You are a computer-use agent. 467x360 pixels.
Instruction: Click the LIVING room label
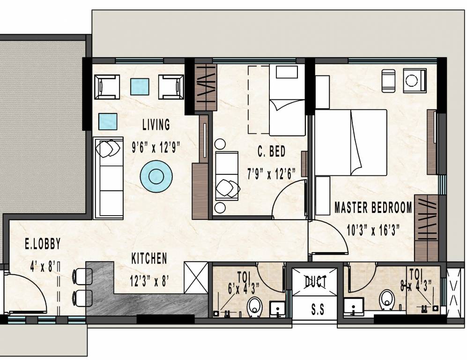pyautogui.click(x=156, y=125)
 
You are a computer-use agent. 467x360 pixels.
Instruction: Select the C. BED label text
pyautogui.click(x=271, y=152)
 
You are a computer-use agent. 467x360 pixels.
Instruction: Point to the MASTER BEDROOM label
pyautogui.click(x=373, y=207)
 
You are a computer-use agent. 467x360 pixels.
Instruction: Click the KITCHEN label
pyautogui.click(x=149, y=258)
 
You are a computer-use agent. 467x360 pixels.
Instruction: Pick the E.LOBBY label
pyautogui.click(x=43, y=244)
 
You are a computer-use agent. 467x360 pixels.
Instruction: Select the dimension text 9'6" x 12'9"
pyautogui.click(x=156, y=147)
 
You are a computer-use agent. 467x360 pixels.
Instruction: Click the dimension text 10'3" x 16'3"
pyautogui.click(x=372, y=230)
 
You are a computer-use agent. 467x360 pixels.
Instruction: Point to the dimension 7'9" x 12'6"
pyautogui.click(x=271, y=174)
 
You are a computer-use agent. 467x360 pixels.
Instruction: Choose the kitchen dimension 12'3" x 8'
pyautogui.click(x=149, y=281)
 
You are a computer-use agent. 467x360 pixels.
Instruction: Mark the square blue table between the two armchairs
pyautogui.click(x=140, y=86)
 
